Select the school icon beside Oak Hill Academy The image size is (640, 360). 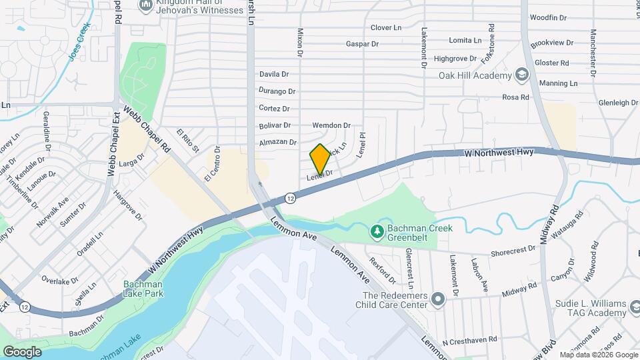521,75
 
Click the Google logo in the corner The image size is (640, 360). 22,351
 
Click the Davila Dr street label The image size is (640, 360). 273,74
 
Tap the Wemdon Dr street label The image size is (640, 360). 331,125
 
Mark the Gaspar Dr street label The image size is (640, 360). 362,44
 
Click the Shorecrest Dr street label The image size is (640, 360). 513,250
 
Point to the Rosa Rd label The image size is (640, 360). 515,97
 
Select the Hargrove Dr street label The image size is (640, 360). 127,205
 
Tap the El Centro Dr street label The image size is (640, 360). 212,165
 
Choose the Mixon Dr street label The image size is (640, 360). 300,42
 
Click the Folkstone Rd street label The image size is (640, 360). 491,41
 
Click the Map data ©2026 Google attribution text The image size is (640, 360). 598,355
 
